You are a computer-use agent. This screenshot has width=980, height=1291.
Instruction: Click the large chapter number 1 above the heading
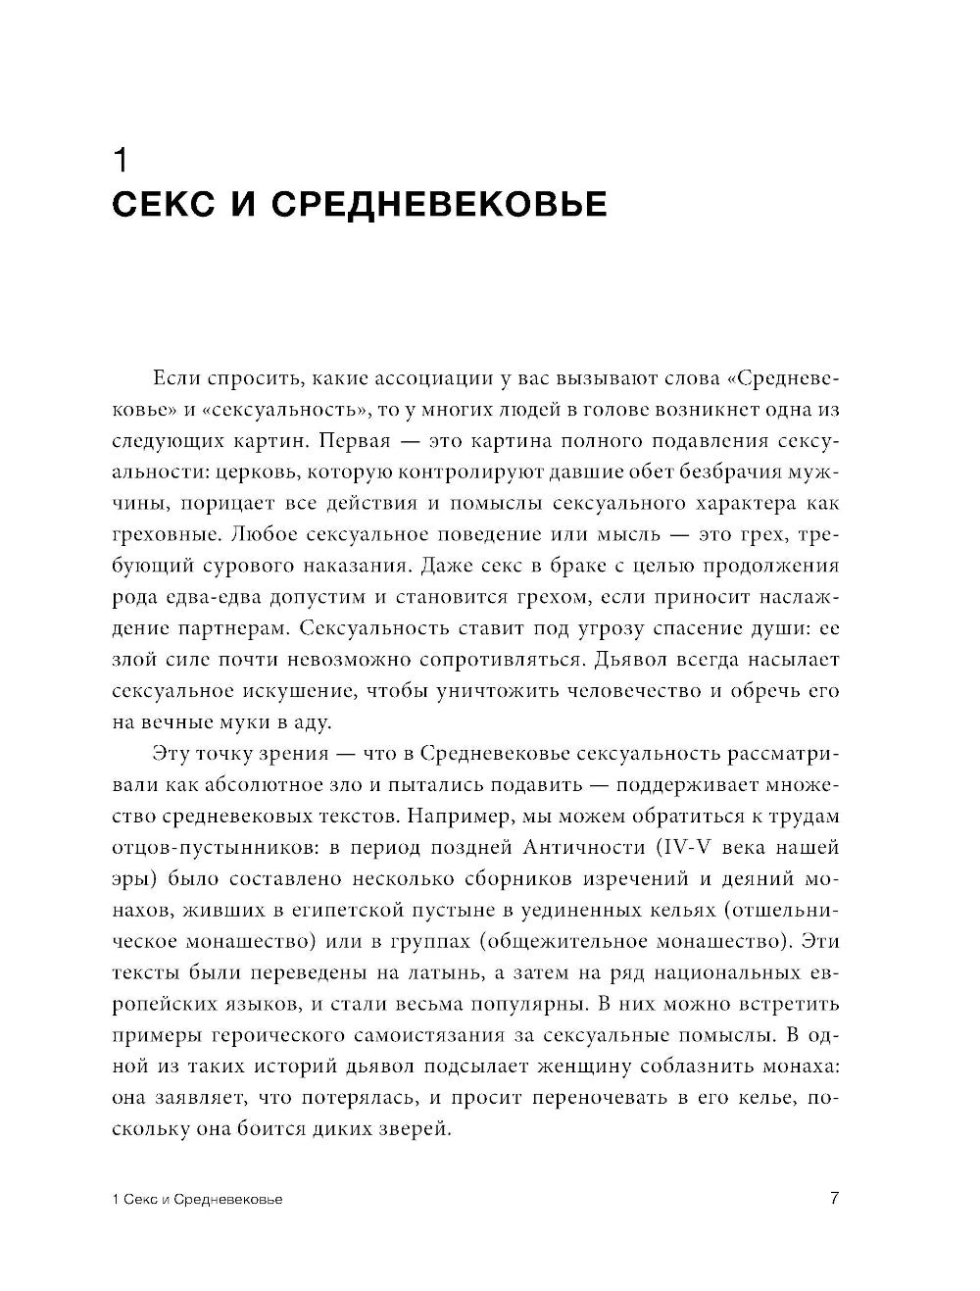tap(121, 161)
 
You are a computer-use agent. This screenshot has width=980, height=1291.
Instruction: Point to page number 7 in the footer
tap(834, 1198)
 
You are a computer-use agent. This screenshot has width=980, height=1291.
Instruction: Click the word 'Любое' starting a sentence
tap(268, 534)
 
